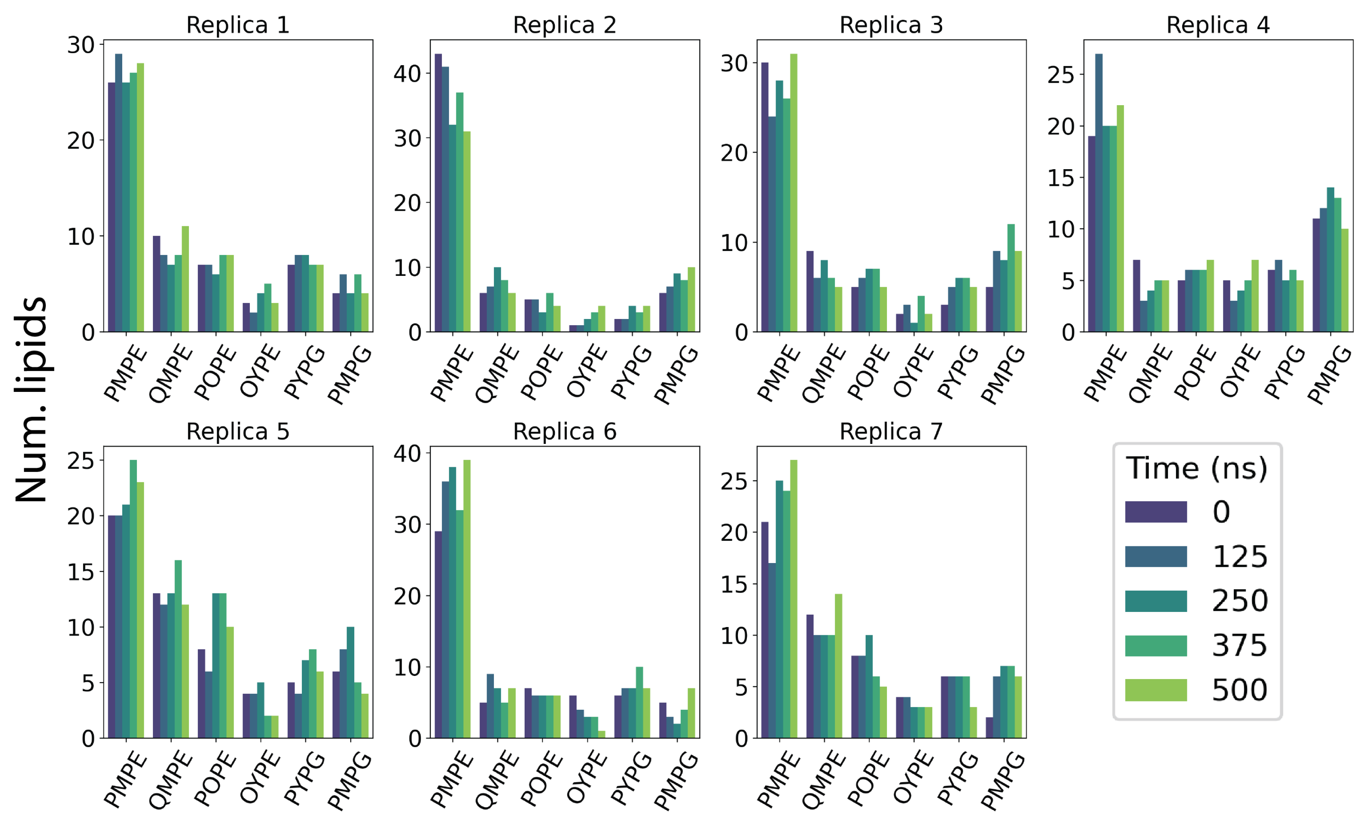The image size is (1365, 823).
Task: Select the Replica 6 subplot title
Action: click(565, 431)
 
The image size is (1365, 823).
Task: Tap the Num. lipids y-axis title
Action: click(31, 399)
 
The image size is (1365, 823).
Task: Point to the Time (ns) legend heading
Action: click(1197, 469)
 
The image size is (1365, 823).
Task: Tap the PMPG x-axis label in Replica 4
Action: click(1330, 374)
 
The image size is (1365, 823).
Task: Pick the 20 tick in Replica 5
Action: click(81, 516)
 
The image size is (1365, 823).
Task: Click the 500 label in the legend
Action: click(1239, 690)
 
